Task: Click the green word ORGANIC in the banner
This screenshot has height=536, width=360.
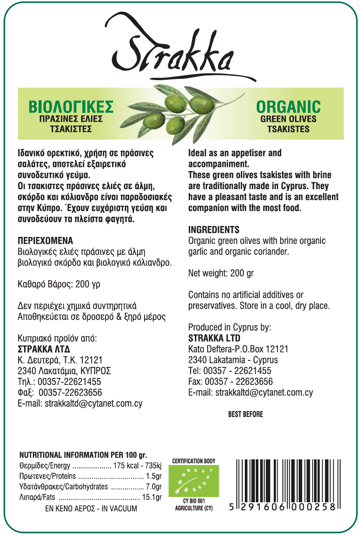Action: [x=288, y=107]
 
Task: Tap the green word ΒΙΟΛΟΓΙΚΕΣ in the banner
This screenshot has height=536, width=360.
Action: [x=71, y=107]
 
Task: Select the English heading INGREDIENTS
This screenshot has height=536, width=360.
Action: [x=214, y=230]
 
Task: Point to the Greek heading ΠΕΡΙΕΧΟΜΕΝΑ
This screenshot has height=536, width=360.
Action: [x=45, y=241]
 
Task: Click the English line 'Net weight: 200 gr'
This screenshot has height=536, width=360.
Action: [x=221, y=273]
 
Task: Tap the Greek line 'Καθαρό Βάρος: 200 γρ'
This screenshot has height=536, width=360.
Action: [x=59, y=284]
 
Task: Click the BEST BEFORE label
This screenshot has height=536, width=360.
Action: [x=245, y=414]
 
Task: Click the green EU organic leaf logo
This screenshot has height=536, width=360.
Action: [x=194, y=481]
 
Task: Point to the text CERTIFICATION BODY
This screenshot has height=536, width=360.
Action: [x=194, y=461]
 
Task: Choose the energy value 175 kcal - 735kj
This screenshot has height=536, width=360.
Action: [x=137, y=465]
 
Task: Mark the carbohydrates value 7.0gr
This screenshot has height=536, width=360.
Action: [x=154, y=487]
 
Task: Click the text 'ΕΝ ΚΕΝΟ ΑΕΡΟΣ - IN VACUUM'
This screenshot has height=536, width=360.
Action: [x=91, y=509]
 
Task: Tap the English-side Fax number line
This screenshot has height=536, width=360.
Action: [x=230, y=381]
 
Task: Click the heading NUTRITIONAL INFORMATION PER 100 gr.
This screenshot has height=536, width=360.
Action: [x=83, y=455]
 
